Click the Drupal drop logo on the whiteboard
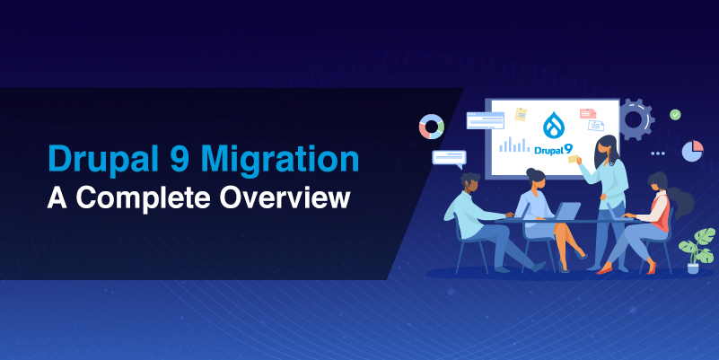pyautogui.click(x=554, y=123)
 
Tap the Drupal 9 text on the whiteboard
pyautogui.click(x=553, y=149)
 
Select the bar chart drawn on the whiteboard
pyautogui.click(x=513, y=145)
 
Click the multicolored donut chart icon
pyautogui.click(x=432, y=126)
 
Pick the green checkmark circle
pyautogui.click(x=675, y=115)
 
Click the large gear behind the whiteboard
pyautogui.click(x=635, y=119)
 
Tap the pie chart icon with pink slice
pyautogui.click(x=692, y=151)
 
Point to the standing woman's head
pyautogui.click(x=607, y=145)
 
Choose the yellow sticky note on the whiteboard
pyautogui.click(x=521, y=115)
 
